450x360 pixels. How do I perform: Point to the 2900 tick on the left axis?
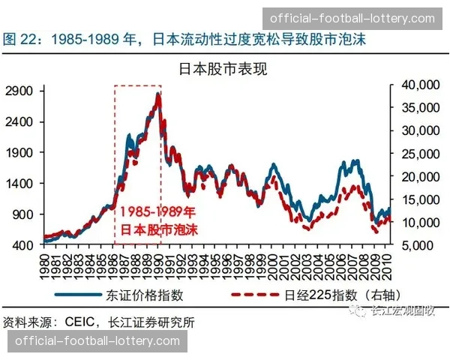pyautogui.click(x=21, y=91)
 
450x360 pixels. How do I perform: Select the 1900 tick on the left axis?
pyautogui.click(x=21, y=152)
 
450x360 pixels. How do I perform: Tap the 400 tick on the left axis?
pyautogui.click(x=24, y=245)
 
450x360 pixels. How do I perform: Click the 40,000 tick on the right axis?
pyautogui.click(x=413, y=85)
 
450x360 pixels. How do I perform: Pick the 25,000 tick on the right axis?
pyautogui.click(x=413, y=154)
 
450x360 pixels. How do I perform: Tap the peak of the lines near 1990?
pyautogui.click(x=158, y=94)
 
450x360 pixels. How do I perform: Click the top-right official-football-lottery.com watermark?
pyautogui.click(x=352, y=17)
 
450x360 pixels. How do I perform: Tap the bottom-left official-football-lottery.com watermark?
pyautogui.click(x=97, y=341)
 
